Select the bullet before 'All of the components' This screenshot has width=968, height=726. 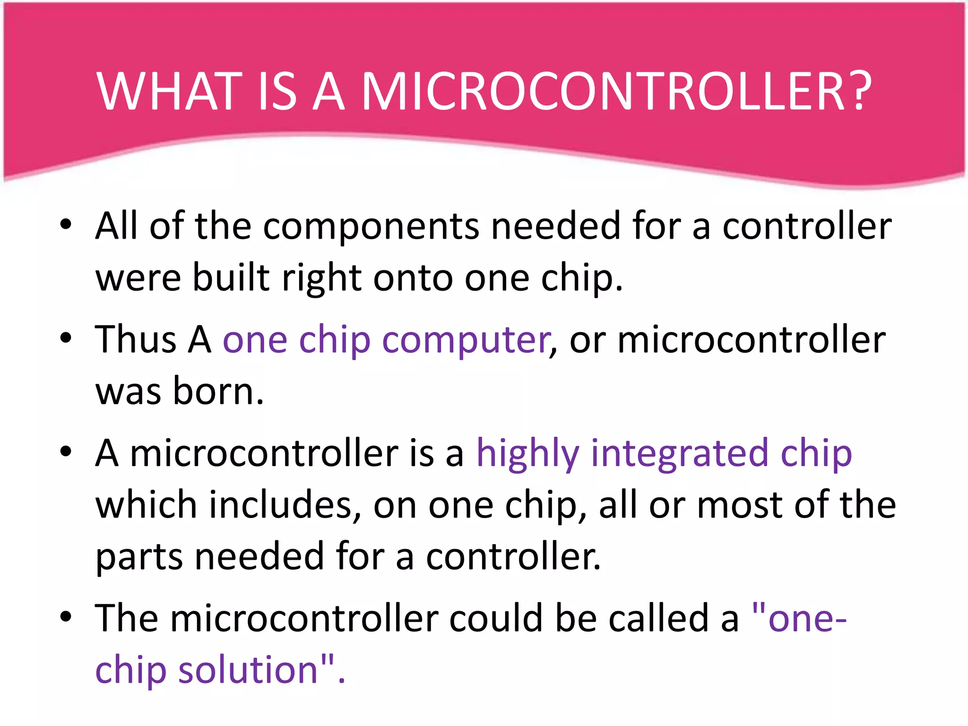(66, 224)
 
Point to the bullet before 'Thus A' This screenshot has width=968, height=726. (66, 337)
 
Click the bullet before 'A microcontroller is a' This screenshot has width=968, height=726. (66, 451)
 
